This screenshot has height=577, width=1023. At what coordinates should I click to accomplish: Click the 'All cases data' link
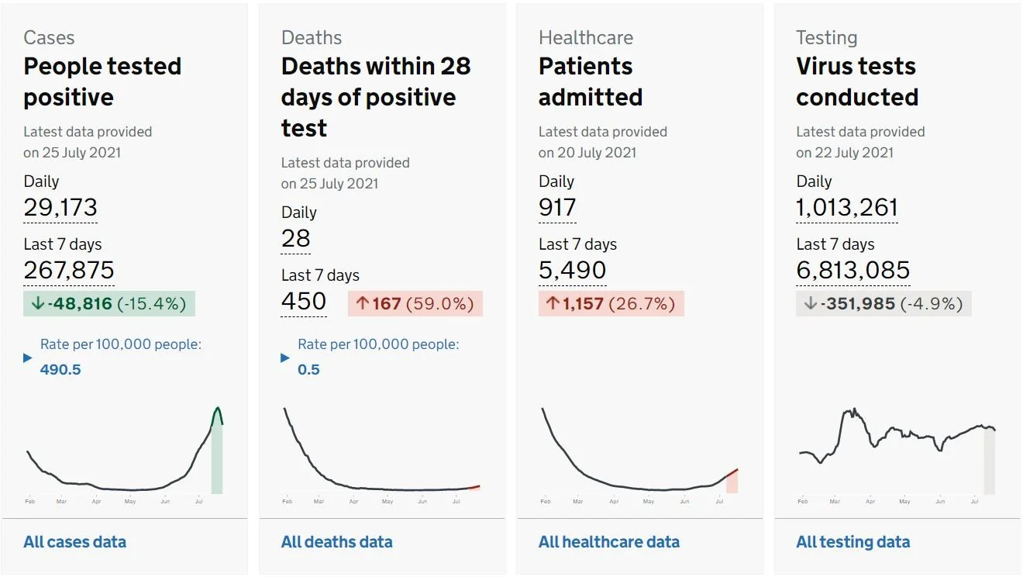[x=74, y=542]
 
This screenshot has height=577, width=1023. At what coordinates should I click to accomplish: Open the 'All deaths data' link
[x=336, y=542]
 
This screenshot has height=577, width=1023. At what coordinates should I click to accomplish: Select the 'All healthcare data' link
[x=609, y=542]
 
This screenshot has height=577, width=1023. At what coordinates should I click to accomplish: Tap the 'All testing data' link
[x=852, y=542]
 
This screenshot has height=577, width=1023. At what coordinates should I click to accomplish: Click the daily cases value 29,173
[x=60, y=207]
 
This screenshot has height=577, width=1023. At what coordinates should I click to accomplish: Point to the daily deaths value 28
[x=295, y=238]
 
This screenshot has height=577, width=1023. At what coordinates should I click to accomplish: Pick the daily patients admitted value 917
[x=557, y=207]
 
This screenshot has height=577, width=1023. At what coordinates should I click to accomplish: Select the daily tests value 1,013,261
[x=847, y=207]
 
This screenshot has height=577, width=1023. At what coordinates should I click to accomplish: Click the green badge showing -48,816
[x=109, y=303]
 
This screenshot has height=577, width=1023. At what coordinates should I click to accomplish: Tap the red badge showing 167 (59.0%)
[x=415, y=303]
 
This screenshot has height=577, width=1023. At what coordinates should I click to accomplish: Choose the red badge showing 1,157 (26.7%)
[x=611, y=303]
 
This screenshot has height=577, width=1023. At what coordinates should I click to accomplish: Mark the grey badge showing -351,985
[x=883, y=303]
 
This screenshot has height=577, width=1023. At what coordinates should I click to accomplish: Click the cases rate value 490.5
[x=60, y=369]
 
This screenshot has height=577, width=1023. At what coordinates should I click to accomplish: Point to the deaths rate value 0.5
[x=308, y=369]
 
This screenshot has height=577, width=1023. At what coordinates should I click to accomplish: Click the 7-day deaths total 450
[x=304, y=302]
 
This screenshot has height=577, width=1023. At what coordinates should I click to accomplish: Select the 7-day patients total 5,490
[x=572, y=270]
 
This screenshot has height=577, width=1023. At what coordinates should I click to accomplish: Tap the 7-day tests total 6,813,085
[x=853, y=270]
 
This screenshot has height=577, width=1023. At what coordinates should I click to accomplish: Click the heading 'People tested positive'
[x=102, y=81]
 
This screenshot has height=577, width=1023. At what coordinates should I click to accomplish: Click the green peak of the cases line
[x=217, y=407]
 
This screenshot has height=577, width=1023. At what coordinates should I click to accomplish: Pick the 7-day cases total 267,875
[x=68, y=270]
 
